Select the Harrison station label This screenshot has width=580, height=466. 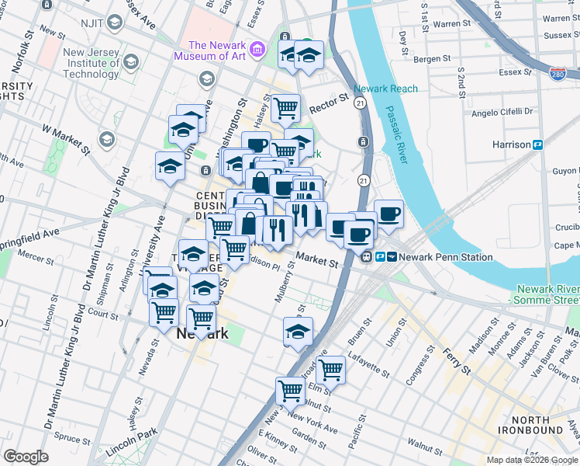(x=511, y=144)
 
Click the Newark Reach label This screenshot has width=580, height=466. (x=385, y=89)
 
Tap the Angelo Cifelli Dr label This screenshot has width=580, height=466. (x=504, y=112)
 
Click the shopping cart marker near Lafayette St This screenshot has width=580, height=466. (x=330, y=370)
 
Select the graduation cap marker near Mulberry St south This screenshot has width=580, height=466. (x=298, y=332)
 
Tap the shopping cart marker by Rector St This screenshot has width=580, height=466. (x=285, y=107)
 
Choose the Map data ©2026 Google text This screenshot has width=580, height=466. (x=533, y=460)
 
